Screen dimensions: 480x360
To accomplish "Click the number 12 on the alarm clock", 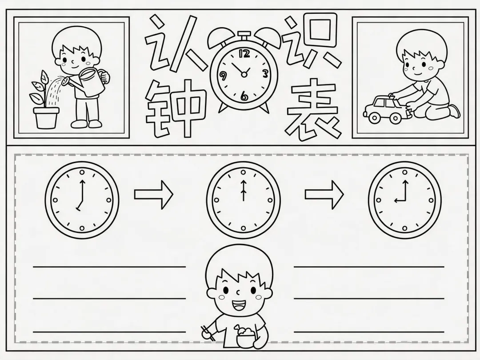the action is coord(244,54).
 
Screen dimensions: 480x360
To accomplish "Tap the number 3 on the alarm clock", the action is coord(265,74).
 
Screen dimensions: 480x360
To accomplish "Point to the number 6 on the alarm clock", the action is coord(244,96).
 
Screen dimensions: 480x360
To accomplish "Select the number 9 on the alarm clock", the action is coord(223,76).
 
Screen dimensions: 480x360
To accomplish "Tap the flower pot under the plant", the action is coord(46,118).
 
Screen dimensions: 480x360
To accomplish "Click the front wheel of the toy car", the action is coord(374,117).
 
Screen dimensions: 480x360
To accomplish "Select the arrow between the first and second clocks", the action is coord(154,194).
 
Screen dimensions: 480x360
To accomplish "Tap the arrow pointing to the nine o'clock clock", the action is coord(324,194).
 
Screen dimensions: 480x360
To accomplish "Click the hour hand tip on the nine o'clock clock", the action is coord(395,201).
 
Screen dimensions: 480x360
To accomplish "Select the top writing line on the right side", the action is coord(369,267).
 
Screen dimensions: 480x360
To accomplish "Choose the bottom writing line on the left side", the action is coord(109,332).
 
